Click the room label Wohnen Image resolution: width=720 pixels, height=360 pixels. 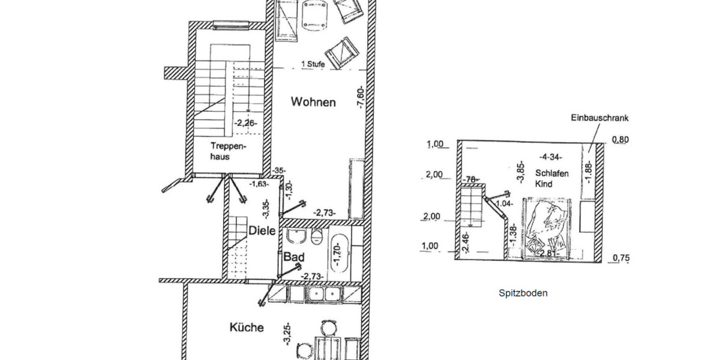point(313,102)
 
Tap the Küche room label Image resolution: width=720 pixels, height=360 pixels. point(246,328)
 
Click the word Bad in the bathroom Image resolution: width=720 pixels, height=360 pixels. point(294,257)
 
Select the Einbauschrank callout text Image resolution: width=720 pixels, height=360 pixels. point(599,119)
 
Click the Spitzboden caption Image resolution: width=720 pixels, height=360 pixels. point(523,293)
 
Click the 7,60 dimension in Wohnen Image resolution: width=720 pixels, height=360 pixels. point(360,96)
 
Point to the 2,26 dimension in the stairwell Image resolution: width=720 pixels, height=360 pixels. point(245,124)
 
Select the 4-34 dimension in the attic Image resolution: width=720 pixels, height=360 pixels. point(551,157)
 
